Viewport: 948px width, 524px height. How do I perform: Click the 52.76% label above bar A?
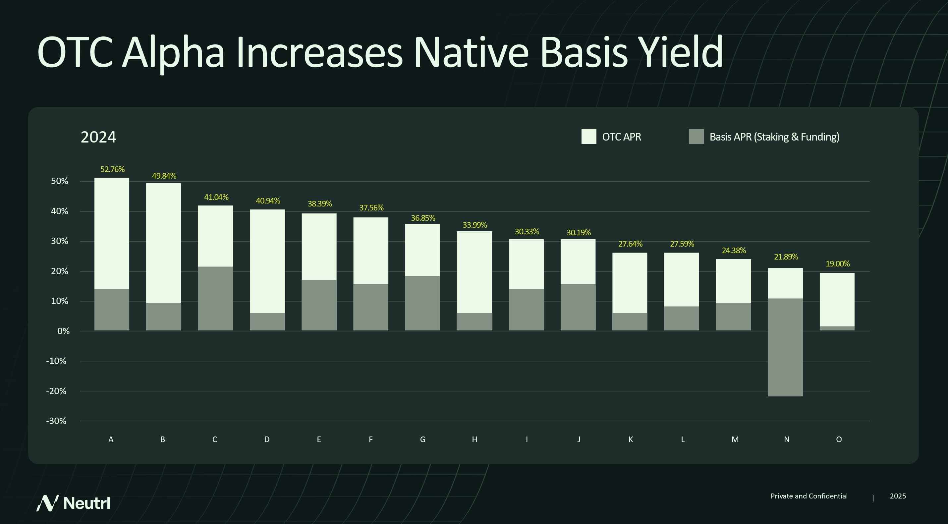pyautogui.click(x=112, y=169)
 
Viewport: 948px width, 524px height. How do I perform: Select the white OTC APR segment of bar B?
pyautogui.click(x=163, y=243)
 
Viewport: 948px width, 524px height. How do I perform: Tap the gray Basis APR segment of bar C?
pyautogui.click(x=215, y=298)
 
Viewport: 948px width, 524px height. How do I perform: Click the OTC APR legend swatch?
pyautogui.click(x=588, y=137)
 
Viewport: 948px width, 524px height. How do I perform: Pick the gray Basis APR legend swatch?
pyautogui.click(x=696, y=137)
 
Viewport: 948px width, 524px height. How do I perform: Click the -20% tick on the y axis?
pyautogui.click(x=56, y=391)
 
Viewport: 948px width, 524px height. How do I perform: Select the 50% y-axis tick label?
pyautogui.click(x=60, y=181)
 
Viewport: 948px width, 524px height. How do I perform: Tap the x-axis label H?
pyautogui.click(x=474, y=439)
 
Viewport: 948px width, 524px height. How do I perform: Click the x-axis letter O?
pyautogui.click(x=839, y=439)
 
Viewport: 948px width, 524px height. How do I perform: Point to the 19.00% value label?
pyautogui.click(x=837, y=264)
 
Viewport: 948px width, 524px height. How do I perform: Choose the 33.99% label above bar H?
pyautogui.click(x=474, y=225)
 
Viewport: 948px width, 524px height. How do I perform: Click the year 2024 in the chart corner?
pyautogui.click(x=98, y=137)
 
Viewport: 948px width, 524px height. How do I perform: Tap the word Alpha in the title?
pyautogui.click(x=173, y=53)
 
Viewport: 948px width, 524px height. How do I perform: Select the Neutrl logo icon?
pyautogui.click(x=47, y=503)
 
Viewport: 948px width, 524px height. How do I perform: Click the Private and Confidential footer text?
pyautogui.click(x=809, y=496)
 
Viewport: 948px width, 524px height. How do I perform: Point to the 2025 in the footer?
pyautogui.click(x=898, y=496)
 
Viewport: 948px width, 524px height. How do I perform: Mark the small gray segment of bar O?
pyautogui.click(x=837, y=328)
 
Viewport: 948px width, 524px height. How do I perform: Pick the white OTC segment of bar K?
pyautogui.click(x=630, y=283)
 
